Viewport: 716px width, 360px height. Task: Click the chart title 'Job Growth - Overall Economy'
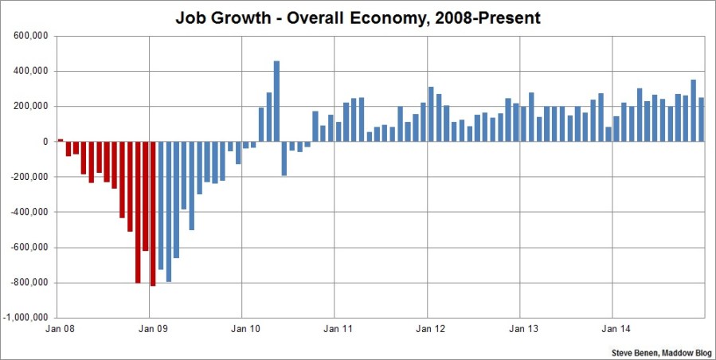point(358,17)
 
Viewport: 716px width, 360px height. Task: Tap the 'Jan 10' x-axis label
point(243,328)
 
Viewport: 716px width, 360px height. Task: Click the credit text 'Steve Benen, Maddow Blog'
point(660,351)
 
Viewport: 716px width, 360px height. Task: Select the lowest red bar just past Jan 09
point(153,213)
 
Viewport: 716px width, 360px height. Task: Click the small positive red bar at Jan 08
point(60,140)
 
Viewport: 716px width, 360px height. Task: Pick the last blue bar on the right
point(701,119)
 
